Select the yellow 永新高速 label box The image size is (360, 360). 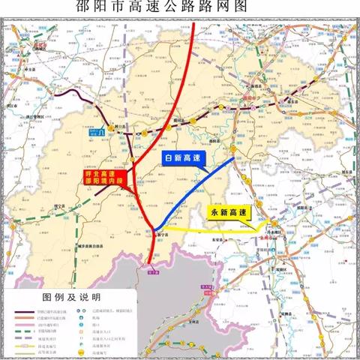pos(233,213)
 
